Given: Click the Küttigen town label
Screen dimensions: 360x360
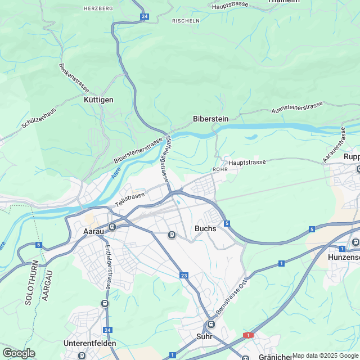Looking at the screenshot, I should point(98,100).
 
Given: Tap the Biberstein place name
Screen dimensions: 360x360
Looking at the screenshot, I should point(210,119).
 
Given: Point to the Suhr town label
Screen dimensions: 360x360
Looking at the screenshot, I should point(204,337).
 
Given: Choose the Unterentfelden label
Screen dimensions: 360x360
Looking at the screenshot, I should point(90,343).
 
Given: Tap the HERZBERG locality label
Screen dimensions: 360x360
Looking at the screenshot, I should point(98,9).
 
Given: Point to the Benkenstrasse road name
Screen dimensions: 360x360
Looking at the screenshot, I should point(74,78).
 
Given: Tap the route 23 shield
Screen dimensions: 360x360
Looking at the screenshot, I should point(184,275).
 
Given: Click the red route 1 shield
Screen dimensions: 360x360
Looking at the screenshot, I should point(248,335).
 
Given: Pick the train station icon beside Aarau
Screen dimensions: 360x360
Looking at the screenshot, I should point(112,227).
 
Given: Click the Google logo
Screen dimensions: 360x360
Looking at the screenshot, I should point(19,353).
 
